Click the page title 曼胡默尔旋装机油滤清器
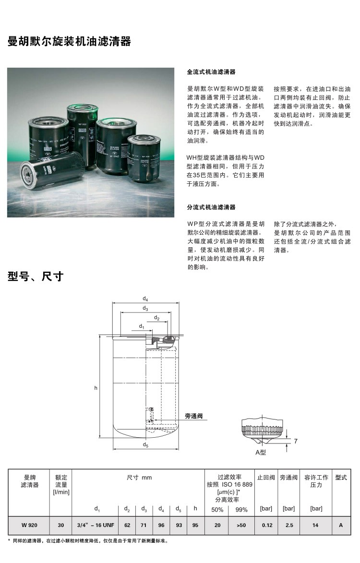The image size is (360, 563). click(69, 42)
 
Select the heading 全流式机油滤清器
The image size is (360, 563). click(211, 72)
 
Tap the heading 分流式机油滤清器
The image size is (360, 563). click(211, 207)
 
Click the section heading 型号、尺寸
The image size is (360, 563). click(36, 276)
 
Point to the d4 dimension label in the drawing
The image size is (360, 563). click(145, 299)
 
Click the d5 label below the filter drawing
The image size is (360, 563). click(145, 445)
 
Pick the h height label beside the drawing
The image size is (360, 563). click(96, 388)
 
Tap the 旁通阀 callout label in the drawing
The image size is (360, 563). click(194, 416)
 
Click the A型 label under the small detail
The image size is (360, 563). click(261, 453)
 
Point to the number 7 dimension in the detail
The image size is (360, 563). click(295, 441)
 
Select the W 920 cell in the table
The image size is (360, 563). click(29, 525)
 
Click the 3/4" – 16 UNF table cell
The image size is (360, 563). click(96, 525)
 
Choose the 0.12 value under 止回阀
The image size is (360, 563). click(267, 525)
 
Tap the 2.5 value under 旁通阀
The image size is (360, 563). click(289, 525)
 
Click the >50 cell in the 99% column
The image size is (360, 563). click(241, 525)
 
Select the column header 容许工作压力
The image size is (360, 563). click(316, 481)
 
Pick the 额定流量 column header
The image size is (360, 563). click(61, 485)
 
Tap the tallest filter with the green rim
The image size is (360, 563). click(83, 135)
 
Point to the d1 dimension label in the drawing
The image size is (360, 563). click(142, 326)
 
